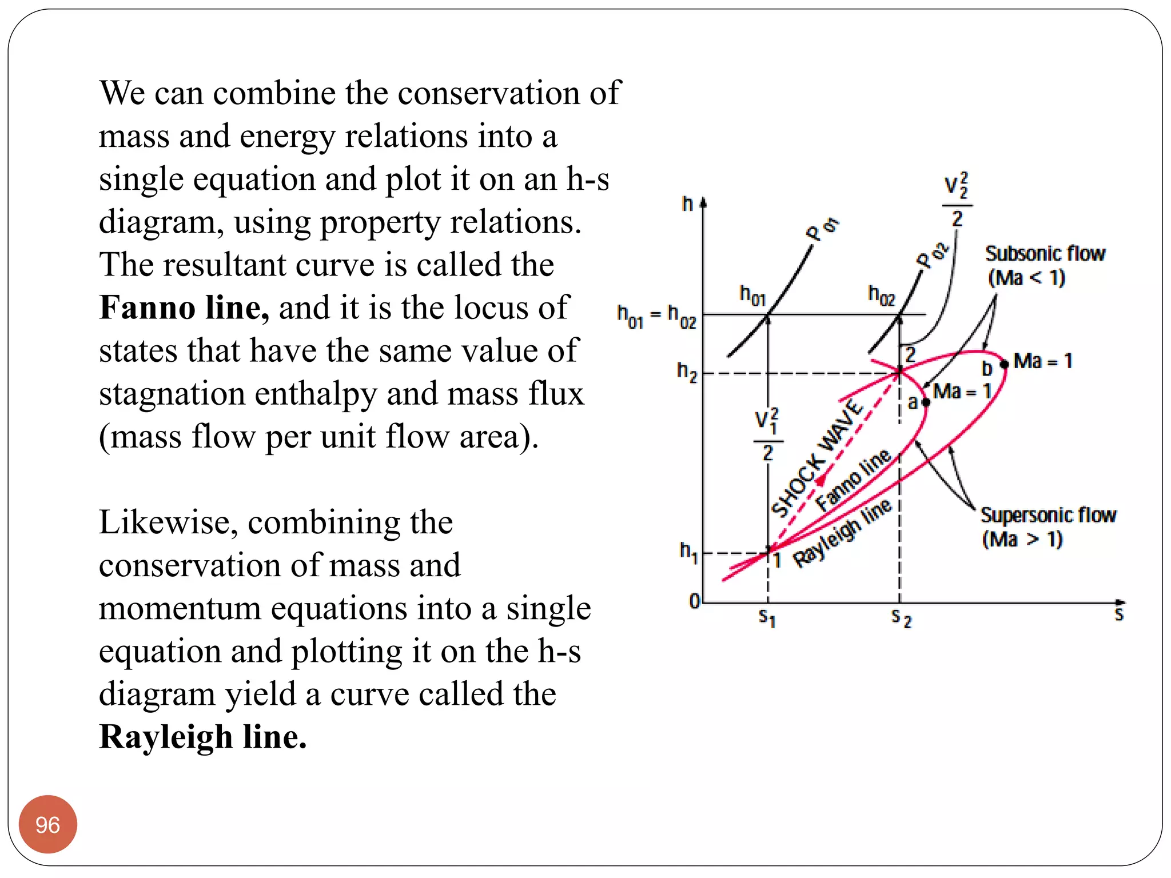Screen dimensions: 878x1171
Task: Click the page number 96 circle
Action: [x=47, y=824]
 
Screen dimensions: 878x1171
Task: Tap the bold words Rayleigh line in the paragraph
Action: [x=202, y=736]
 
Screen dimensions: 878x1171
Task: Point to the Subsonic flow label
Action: [x=1045, y=253]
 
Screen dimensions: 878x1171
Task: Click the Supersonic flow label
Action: [x=1048, y=515]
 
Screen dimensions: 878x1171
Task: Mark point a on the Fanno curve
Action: [x=926, y=402]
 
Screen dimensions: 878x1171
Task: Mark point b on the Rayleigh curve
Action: [x=1004, y=364]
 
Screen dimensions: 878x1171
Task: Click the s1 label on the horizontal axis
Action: [x=767, y=617]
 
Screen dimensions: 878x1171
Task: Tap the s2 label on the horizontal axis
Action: [x=901, y=618]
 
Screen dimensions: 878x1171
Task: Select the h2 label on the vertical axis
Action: [x=687, y=372]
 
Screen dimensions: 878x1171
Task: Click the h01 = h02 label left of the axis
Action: [x=656, y=316]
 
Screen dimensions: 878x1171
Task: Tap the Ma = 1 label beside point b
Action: [x=1042, y=361]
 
